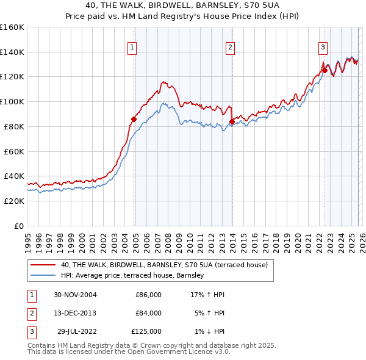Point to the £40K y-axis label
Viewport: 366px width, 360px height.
[x=13, y=176]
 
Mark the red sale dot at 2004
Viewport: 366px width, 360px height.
[x=134, y=119]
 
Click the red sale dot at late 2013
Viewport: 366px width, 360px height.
[x=232, y=121]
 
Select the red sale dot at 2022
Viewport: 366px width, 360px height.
[x=325, y=71]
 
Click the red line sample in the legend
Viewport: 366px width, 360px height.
[x=43, y=265]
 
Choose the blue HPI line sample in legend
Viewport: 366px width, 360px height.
[x=43, y=276]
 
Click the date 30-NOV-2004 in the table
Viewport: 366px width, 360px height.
[x=75, y=295]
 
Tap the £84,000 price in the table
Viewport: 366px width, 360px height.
[x=148, y=313]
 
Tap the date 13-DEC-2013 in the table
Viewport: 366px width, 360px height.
[x=75, y=313]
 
